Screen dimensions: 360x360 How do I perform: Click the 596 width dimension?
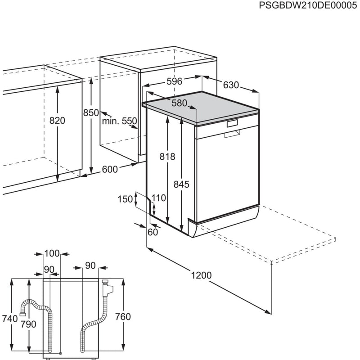pos(174,81)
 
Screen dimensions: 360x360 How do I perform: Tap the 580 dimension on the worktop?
pos(179,103)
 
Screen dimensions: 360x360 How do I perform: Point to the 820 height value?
pos(58,121)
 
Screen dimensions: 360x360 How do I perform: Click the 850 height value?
pos(90,113)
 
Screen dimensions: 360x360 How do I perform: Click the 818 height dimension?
pos(167,157)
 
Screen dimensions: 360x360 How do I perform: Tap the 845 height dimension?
pos(182,184)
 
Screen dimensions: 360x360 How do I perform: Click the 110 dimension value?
pos(159,198)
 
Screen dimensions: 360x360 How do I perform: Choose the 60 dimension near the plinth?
pos(153,232)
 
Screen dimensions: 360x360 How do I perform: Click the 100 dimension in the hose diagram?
pos(52,253)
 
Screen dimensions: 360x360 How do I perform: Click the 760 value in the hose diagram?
pos(122,317)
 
